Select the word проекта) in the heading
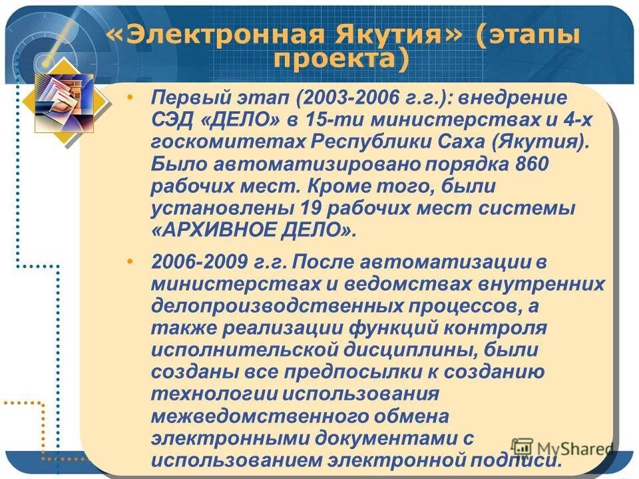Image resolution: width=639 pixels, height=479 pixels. pos(340,60)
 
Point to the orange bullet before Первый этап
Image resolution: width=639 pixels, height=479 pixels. pos(130,98)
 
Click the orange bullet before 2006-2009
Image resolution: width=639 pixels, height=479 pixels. pos(130,258)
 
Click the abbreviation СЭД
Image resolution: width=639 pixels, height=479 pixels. pos(174,121)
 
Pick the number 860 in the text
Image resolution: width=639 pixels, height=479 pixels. pos(531,164)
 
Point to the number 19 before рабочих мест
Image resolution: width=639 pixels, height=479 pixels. pos(314,208)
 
